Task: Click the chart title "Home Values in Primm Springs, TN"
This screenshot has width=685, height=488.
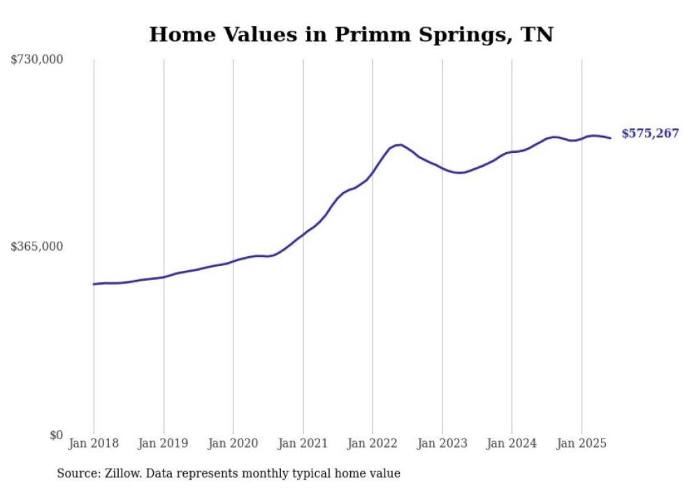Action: [351, 34]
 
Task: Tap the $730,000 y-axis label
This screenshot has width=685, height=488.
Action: [37, 60]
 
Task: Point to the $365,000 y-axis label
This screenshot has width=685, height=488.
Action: [37, 246]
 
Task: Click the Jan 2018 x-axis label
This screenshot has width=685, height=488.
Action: [94, 443]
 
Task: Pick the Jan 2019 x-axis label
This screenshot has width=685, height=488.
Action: [164, 443]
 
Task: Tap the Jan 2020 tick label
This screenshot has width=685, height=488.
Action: [233, 443]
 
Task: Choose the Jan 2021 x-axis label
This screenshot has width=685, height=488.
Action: [303, 443]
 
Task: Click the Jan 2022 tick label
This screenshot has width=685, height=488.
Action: [373, 443]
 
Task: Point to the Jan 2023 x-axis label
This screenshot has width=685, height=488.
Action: [442, 443]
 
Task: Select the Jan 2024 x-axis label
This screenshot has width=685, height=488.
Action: [512, 443]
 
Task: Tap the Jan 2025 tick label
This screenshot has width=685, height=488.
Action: [582, 443]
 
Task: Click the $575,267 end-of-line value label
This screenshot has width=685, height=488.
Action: [650, 133]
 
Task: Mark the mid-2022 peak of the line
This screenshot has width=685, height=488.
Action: [400, 145]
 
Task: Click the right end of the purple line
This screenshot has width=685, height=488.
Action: [610, 138]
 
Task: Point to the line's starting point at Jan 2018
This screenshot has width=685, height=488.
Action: [94, 284]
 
